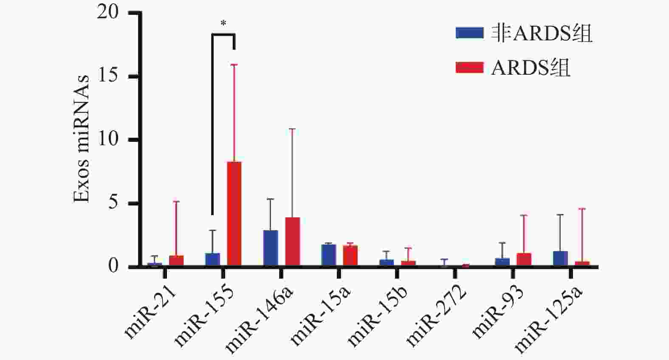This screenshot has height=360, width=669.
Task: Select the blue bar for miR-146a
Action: [x=271, y=248]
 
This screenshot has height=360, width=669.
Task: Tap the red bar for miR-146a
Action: [x=293, y=242]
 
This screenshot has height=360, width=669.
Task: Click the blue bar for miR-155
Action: [x=212, y=259]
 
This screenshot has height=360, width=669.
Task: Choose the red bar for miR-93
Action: [x=524, y=259]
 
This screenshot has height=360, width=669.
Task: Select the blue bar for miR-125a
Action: [x=560, y=259]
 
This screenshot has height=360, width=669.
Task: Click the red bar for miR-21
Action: [x=176, y=261]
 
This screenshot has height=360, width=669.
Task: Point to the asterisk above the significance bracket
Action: [x=223, y=24]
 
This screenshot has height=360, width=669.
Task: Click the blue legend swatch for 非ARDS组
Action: [x=469, y=33]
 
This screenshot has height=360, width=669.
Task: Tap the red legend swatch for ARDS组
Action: [x=469, y=67]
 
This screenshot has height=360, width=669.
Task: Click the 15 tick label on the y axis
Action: [x=108, y=76]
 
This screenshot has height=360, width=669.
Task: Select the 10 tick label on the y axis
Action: [x=108, y=140]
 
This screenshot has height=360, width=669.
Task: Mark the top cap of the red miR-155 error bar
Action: [x=234, y=65]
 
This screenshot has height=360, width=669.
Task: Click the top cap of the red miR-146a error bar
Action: [x=292, y=129]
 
